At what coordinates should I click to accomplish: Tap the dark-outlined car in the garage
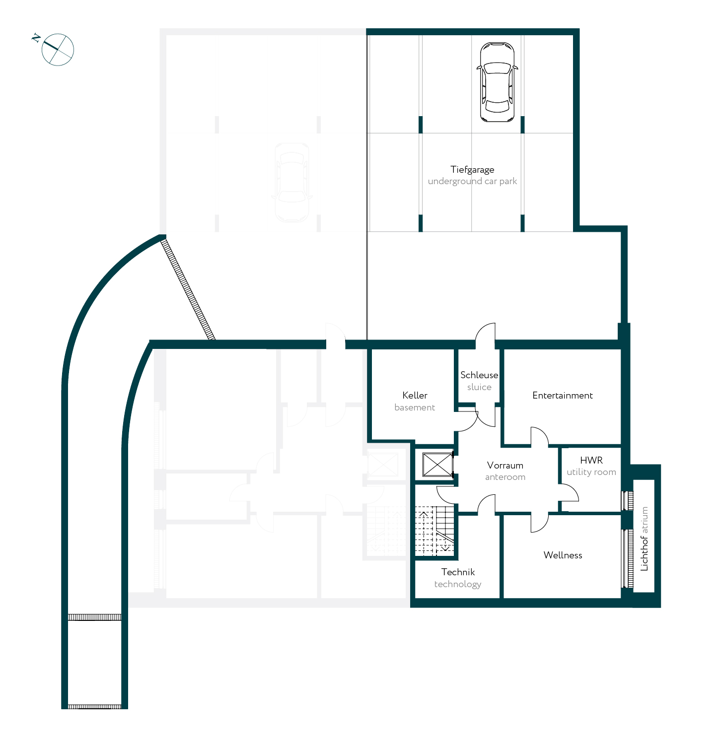[498, 82]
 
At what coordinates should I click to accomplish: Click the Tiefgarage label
[472, 170]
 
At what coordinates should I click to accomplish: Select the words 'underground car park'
[472, 181]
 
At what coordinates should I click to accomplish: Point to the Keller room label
[415, 395]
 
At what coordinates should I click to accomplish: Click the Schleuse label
[479, 375]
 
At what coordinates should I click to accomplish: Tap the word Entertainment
[563, 395]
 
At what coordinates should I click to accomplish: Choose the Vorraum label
[505, 465]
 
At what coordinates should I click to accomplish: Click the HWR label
[591, 460]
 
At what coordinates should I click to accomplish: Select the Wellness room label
[563, 555]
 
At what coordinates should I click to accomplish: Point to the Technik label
[458, 572]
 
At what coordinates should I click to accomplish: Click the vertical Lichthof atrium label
[644, 539]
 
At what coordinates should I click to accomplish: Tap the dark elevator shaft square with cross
[437, 465]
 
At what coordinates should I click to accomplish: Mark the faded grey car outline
[292, 182]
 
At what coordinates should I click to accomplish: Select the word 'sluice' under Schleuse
[479, 387]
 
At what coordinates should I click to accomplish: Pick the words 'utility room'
[591, 472]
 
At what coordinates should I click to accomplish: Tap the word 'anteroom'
[505, 477]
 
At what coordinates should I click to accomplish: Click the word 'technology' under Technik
[458, 584]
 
